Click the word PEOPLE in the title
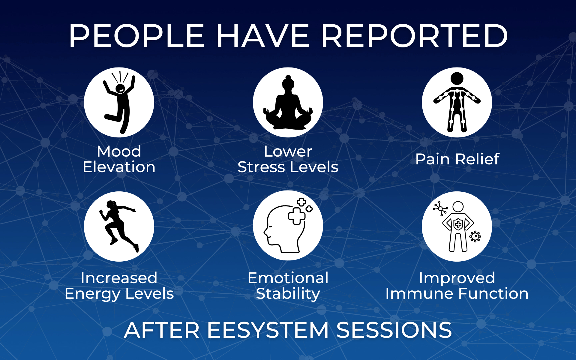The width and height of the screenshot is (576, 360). pyautogui.click(x=136, y=36)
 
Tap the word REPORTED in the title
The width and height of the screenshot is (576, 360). pyautogui.click(x=414, y=36)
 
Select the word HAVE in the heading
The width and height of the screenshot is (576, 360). pyautogui.click(x=263, y=36)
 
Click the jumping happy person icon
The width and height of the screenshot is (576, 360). pyautogui.click(x=119, y=102)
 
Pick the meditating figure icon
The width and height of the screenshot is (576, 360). pyautogui.click(x=288, y=103)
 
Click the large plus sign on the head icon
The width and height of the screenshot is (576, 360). pyautogui.click(x=296, y=215)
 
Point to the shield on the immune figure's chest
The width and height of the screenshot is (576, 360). pyautogui.click(x=458, y=224)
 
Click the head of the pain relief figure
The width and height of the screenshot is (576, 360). pyautogui.click(x=457, y=79)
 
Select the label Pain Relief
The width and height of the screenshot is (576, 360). pyautogui.click(x=457, y=159)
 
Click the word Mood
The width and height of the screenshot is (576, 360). pyautogui.click(x=119, y=151)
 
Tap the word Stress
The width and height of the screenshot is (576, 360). pyautogui.click(x=261, y=167)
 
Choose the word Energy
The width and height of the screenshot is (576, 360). pyautogui.click(x=93, y=294)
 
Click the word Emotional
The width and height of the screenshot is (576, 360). pyautogui.click(x=288, y=278)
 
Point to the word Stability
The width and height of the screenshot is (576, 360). pyautogui.click(x=288, y=294)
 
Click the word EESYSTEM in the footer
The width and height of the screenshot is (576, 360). pyautogui.click(x=268, y=330)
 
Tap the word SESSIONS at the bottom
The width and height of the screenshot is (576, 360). pyautogui.click(x=394, y=330)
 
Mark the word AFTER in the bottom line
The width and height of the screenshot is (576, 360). pyautogui.click(x=162, y=330)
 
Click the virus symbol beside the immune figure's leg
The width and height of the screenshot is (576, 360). pyautogui.click(x=475, y=236)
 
